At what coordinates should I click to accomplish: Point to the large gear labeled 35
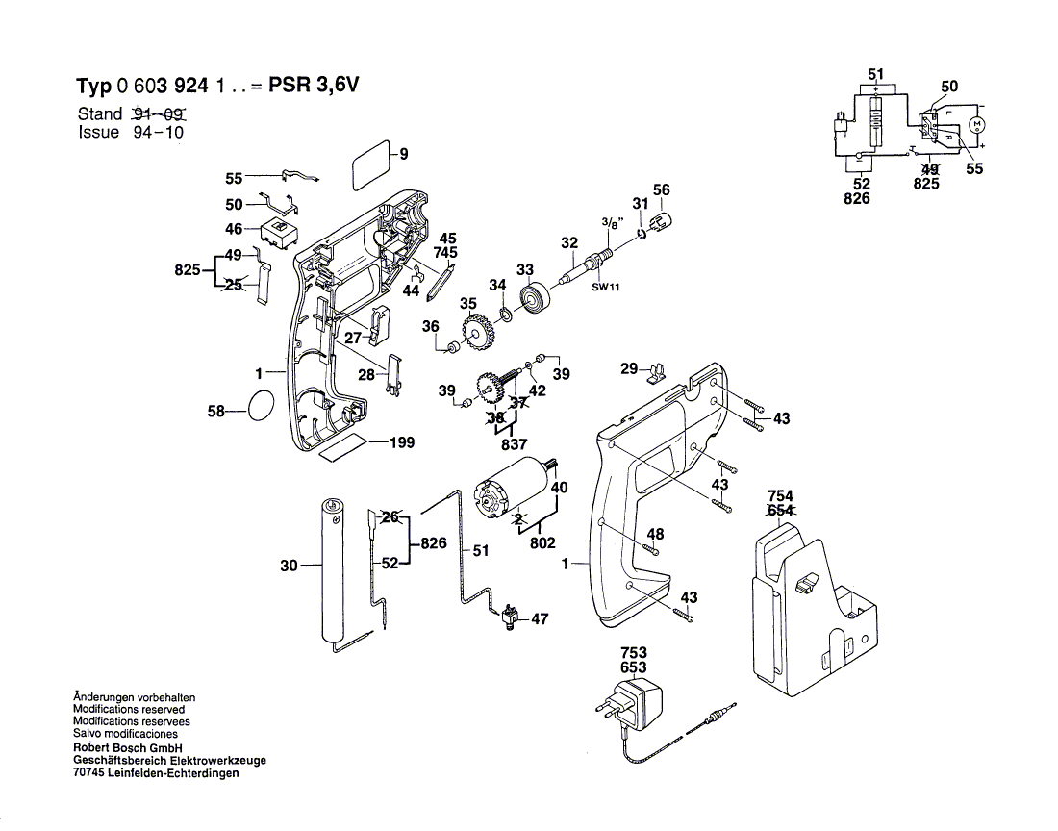click(478, 331)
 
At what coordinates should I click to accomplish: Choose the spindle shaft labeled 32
click(587, 264)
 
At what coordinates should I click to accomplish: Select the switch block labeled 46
click(279, 233)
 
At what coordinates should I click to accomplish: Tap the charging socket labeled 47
click(509, 617)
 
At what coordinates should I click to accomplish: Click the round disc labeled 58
click(262, 407)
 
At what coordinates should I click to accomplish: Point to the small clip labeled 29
click(656, 373)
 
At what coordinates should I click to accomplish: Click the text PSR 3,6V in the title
click(314, 85)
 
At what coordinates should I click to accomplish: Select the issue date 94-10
click(158, 132)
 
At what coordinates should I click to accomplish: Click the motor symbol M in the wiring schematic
click(977, 125)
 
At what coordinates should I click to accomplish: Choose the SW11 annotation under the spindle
click(605, 287)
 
